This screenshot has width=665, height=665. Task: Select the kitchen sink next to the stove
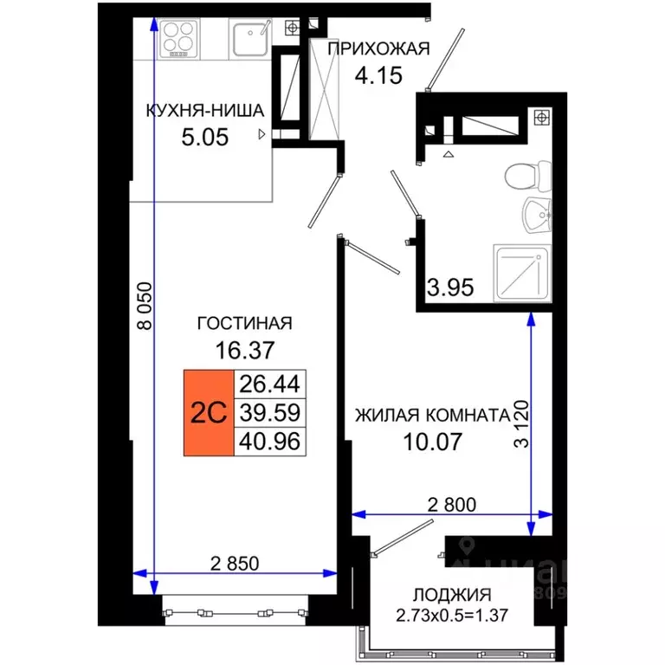252,37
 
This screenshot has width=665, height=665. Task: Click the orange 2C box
209,413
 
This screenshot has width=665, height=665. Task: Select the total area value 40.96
272,442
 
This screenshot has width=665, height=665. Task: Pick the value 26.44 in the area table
272,384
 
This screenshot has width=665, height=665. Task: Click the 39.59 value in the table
272,413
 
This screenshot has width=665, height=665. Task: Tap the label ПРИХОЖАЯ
378,49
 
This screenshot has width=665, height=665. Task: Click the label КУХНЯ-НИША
204,110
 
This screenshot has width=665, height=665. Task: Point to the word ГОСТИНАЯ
245,324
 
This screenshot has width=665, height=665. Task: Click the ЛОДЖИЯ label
451,595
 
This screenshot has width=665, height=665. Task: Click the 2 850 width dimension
236,564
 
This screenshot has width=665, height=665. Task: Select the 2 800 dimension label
453,503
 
